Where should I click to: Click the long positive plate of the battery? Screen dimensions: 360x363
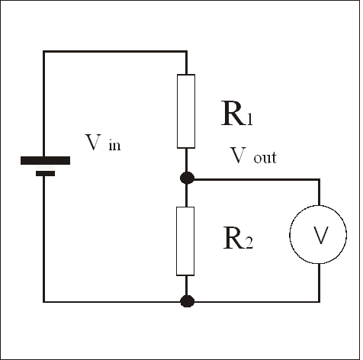45,161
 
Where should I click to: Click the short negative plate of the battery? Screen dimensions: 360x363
45,174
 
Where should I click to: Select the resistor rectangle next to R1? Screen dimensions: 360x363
185,111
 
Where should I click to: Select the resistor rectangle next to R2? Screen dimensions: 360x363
185,240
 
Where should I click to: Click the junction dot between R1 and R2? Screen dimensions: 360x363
185,178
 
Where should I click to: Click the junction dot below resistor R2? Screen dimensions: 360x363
185,301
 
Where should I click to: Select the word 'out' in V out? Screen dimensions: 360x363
264,159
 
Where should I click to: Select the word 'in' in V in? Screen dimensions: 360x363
114,145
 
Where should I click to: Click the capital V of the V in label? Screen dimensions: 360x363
93,142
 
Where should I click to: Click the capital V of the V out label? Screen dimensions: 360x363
238,156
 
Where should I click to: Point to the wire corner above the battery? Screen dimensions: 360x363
44,52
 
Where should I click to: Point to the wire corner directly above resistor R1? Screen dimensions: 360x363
185,52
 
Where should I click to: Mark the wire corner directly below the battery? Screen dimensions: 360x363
44,301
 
